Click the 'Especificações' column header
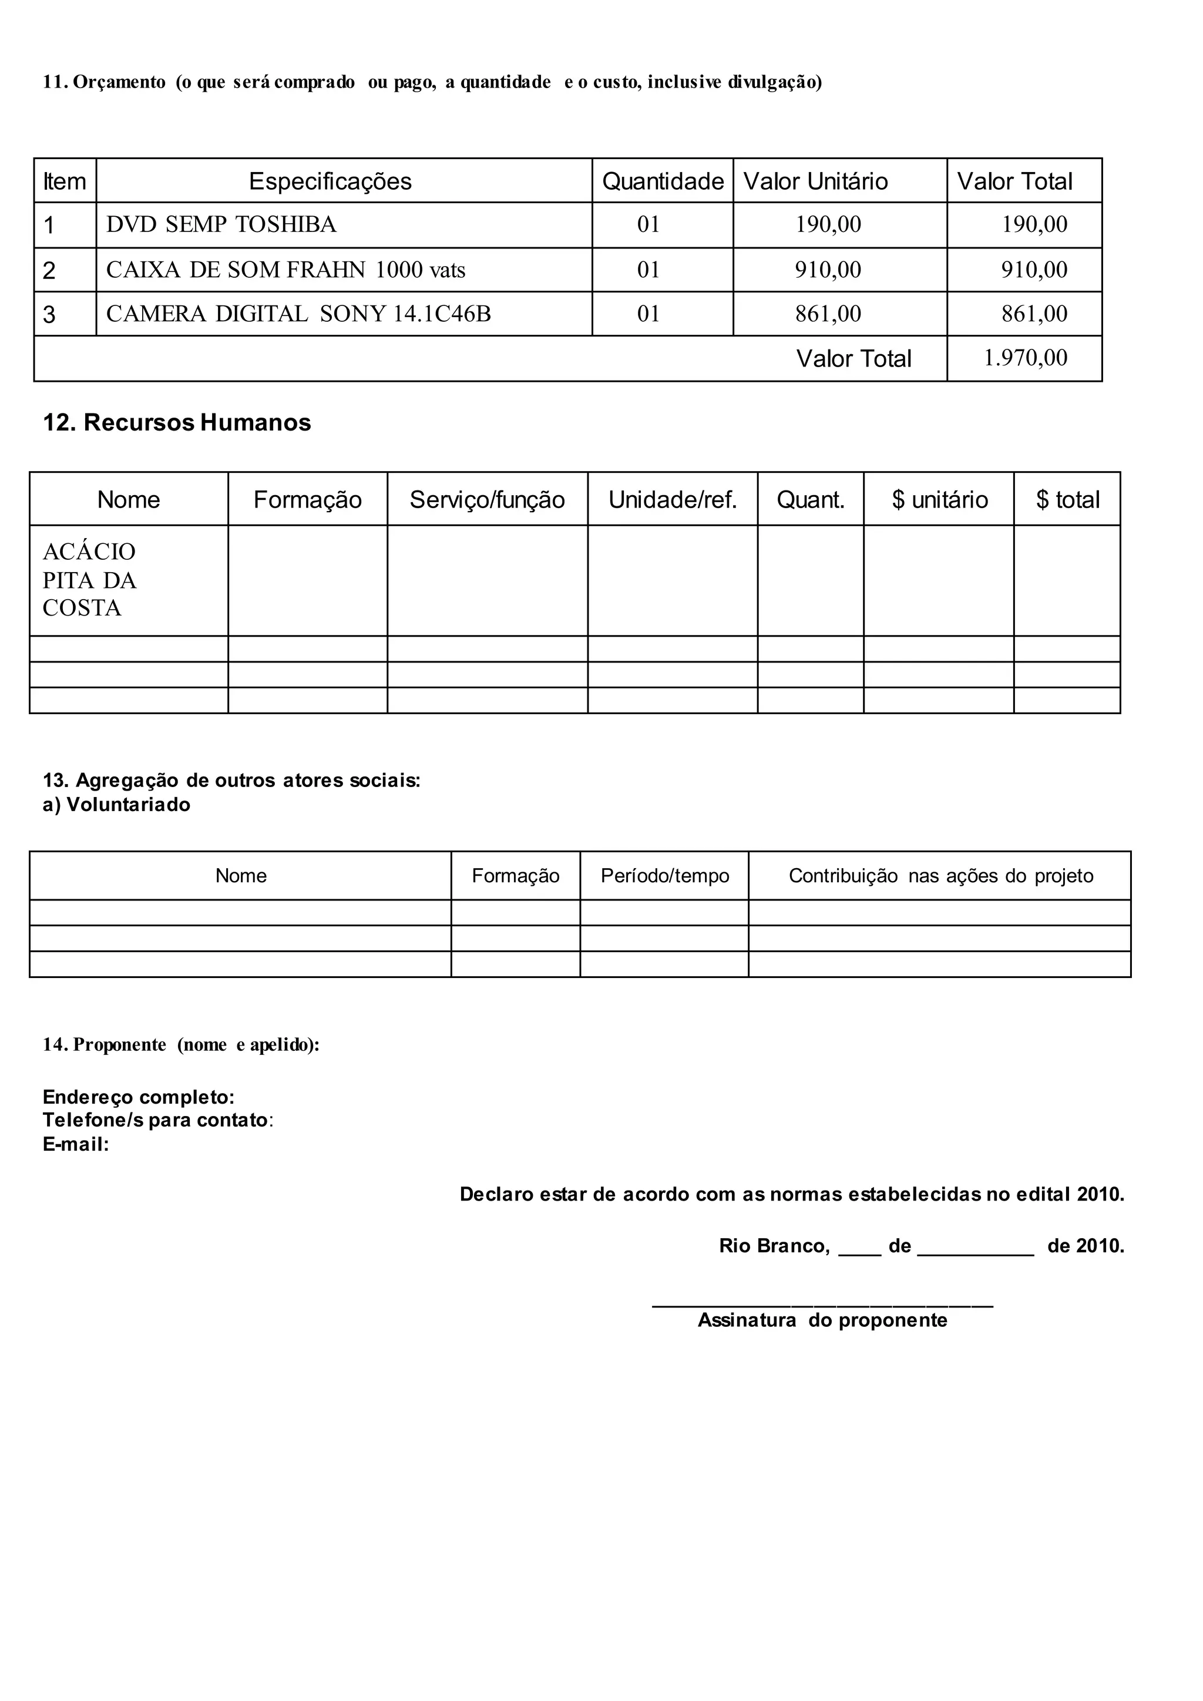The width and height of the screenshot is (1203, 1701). pos(330,181)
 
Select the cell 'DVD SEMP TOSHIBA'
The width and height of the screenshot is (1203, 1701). pos(221,224)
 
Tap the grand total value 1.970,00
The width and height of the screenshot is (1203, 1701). pos(1025,358)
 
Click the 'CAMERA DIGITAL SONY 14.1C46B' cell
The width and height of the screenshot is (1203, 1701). pos(298,314)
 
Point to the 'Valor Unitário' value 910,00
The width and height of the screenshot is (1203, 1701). pos(828,270)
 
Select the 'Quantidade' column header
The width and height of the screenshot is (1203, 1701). pos(662,181)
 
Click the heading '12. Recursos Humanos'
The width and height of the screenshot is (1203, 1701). pos(176,422)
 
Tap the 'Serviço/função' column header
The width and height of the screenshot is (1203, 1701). pos(487,500)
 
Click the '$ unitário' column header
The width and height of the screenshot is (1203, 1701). pos(939,500)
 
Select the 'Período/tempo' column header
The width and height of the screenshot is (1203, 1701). pos(664,876)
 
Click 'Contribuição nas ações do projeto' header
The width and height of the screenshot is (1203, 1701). pos(940,876)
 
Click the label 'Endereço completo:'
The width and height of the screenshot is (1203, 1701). pos(139,1097)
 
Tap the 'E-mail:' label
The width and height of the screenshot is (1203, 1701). pos(76,1145)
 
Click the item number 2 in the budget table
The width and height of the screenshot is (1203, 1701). pos(49,270)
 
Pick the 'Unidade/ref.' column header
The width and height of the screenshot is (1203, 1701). pos(673,500)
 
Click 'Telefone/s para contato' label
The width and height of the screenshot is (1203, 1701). pos(156,1120)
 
